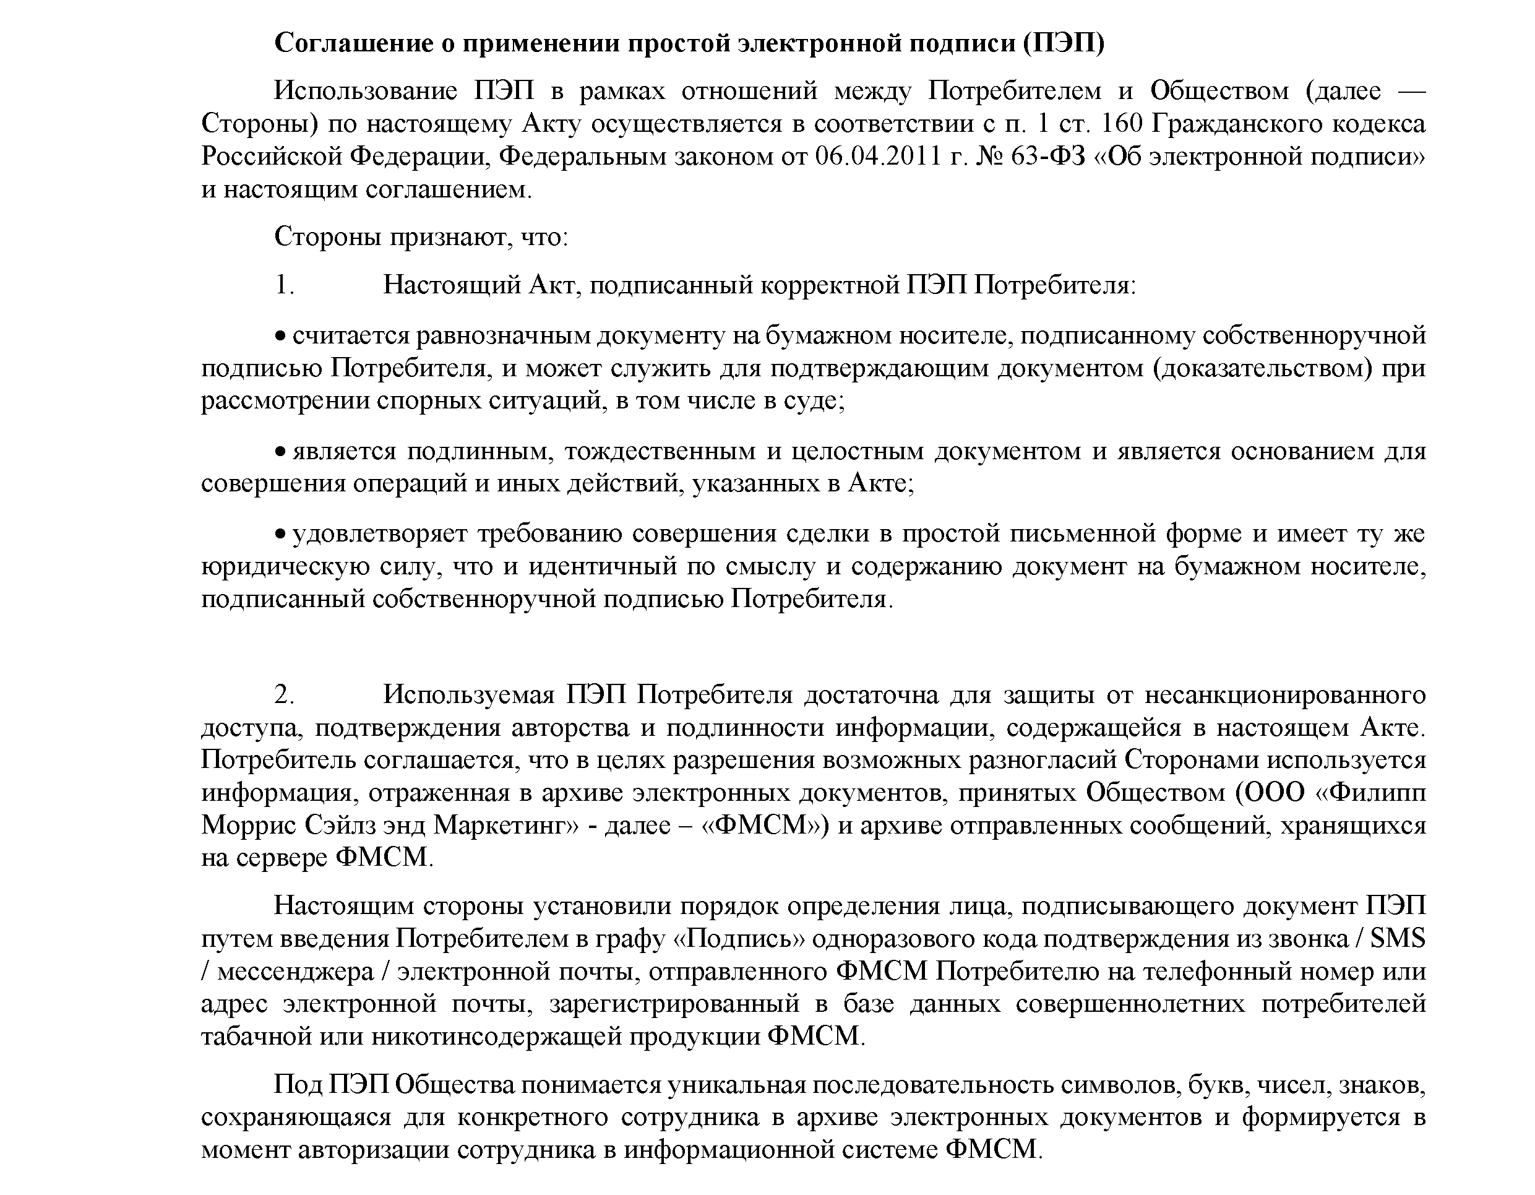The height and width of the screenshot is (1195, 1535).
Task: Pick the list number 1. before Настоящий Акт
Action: pyautogui.click(x=284, y=285)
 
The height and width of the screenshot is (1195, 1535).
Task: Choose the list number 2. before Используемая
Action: pyautogui.click(x=284, y=695)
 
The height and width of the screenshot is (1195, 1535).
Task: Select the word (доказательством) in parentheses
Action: pyautogui.click(x=1262, y=368)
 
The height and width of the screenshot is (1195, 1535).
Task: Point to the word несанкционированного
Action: pyautogui.click(x=1286, y=695)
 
